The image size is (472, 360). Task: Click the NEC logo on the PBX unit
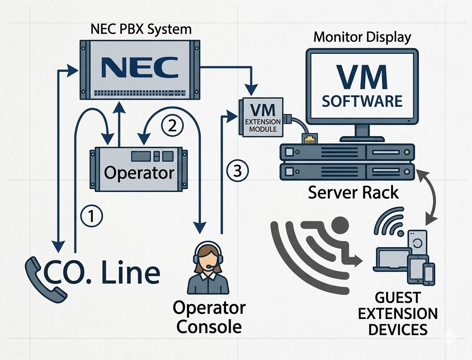[140, 67]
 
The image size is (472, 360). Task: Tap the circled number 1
[92, 216]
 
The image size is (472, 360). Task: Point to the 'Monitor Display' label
[362, 37]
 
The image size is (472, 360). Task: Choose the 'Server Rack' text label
[353, 192]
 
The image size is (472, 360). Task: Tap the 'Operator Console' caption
[209, 317]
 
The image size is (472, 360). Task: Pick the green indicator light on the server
[408, 153]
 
